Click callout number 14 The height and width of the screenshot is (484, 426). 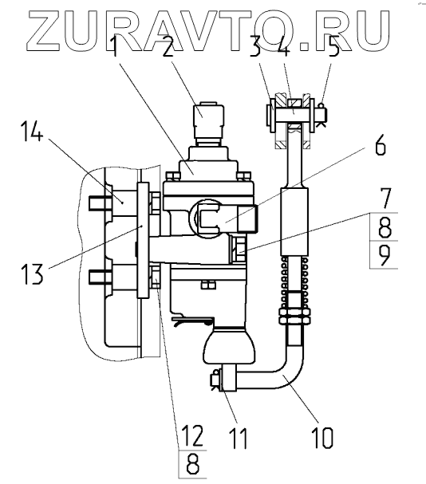32,132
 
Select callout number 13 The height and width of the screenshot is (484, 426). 32,274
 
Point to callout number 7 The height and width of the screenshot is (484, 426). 384,199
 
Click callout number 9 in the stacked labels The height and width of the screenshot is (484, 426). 385,256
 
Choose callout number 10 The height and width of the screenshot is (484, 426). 322,438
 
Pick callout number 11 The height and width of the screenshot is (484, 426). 239,438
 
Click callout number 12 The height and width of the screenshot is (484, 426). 192,435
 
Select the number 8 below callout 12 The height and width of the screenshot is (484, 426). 193,463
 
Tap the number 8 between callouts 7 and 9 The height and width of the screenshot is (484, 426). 385,227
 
